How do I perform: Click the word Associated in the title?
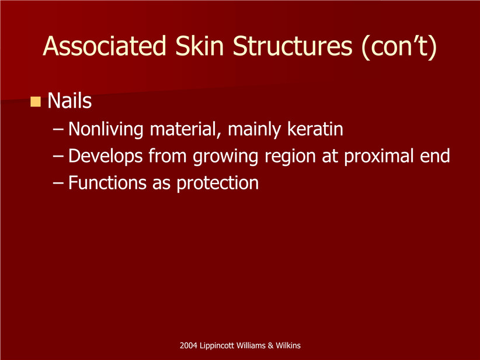tap(104, 46)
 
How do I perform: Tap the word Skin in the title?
tap(199, 46)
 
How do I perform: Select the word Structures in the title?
tap(293, 46)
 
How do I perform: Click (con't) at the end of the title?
tap(399, 47)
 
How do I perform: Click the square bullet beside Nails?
tap(36, 102)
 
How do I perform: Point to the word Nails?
tap(69, 101)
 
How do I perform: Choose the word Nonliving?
tap(106, 129)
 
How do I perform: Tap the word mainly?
tap(253, 130)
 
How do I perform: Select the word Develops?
tap(106, 156)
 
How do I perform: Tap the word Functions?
tap(107, 183)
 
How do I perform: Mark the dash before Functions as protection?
tap(58, 184)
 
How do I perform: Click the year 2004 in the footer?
tap(188, 345)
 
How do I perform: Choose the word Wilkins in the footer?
tap(288, 345)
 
